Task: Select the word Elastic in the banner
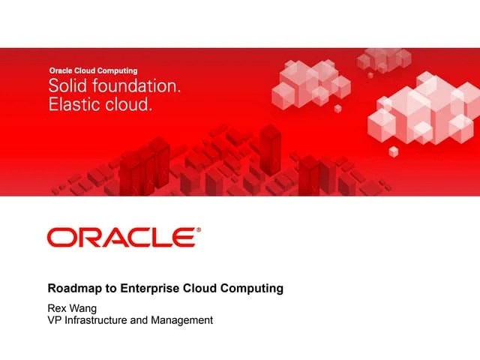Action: click(x=73, y=105)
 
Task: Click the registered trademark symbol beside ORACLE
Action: click(x=199, y=230)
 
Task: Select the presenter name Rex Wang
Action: click(x=73, y=307)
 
